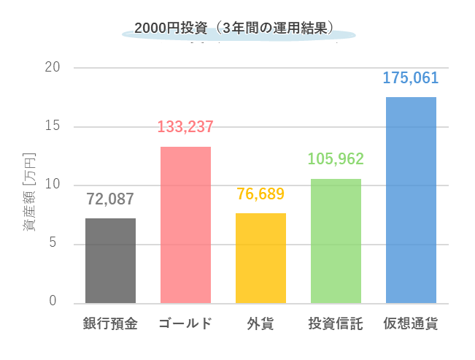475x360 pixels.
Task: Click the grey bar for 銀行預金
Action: point(110,261)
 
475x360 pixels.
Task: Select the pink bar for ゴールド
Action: point(185,225)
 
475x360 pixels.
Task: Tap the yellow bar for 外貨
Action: point(260,258)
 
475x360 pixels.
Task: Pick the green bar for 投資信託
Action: point(336,241)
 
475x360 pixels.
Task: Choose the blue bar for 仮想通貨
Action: point(411,200)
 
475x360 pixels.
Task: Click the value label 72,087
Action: point(110,199)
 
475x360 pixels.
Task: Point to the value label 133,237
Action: point(185,127)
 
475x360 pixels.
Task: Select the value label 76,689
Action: point(260,194)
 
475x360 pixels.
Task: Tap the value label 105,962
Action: point(336,159)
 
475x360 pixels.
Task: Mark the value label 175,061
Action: point(411,77)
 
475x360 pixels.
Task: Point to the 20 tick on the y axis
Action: point(52,68)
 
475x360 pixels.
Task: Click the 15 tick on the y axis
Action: point(52,126)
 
